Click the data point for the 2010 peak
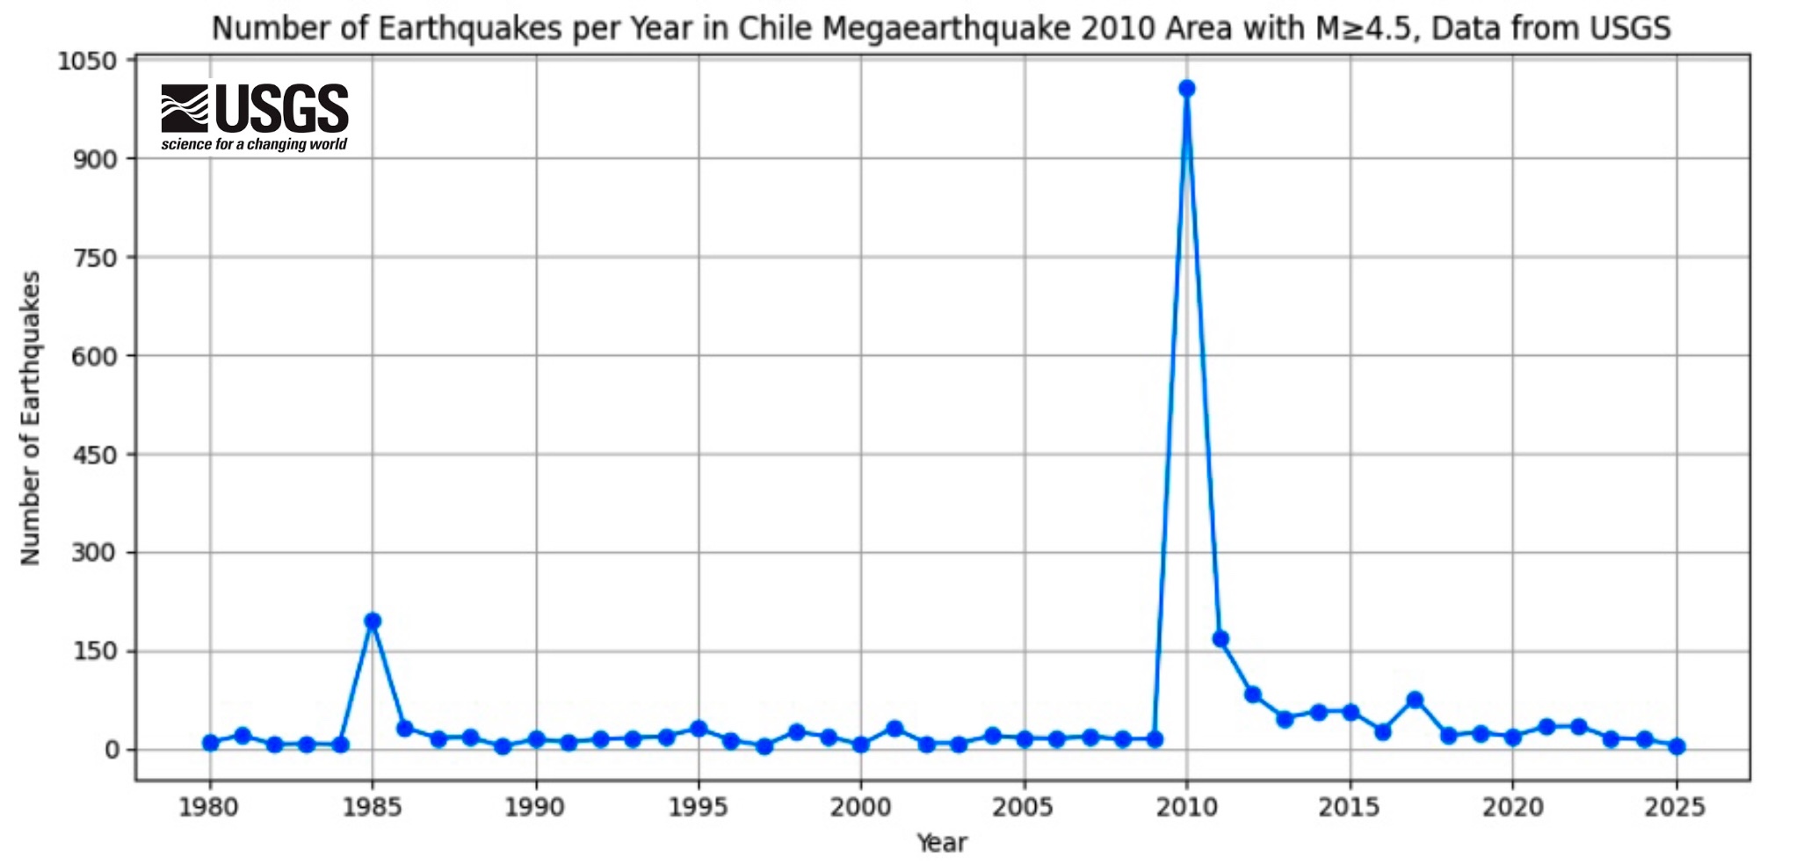click(1186, 88)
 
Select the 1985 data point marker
click(373, 621)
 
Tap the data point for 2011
click(1220, 639)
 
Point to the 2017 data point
click(1415, 700)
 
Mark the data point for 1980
click(210, 743)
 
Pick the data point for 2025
click(1677, 746)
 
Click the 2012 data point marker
click(1252, 694)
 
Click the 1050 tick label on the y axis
click(86, 62)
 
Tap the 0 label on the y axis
click(112, 751)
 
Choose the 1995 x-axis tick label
click(699, 808)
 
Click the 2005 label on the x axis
click(1024, 808)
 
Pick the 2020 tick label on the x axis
click(1512, 808)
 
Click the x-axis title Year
click(942, 843)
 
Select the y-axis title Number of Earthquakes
click(31, 418)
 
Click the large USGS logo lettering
click(281, 108)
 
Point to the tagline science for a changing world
click(254, 144)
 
